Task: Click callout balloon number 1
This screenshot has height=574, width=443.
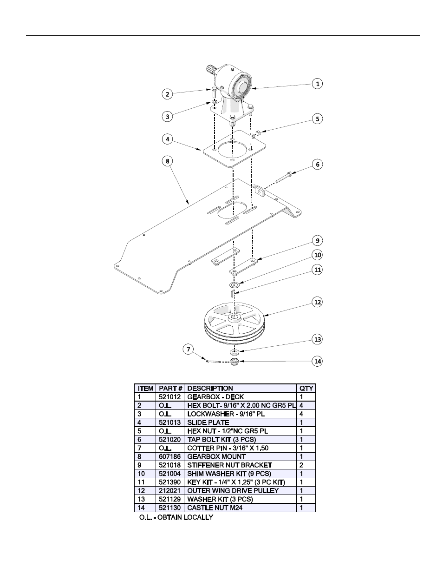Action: (318, 84)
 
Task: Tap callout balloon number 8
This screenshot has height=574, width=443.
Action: (167, 161)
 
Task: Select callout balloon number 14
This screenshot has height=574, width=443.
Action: (318, 361)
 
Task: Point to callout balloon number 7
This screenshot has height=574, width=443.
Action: (188, 350)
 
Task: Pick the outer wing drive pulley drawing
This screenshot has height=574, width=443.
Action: (234, 323)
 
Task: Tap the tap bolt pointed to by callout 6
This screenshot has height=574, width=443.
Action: (283, 177)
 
